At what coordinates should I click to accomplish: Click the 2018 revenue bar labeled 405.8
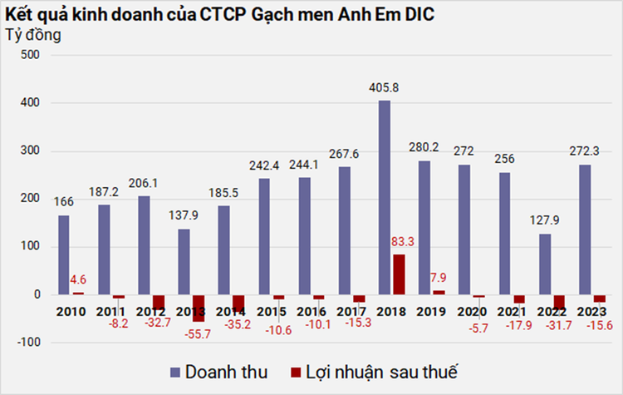(x=385, y=197)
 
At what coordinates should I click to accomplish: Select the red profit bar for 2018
(x=400, y=274)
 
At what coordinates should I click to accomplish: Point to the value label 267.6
(x=345, y=155)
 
